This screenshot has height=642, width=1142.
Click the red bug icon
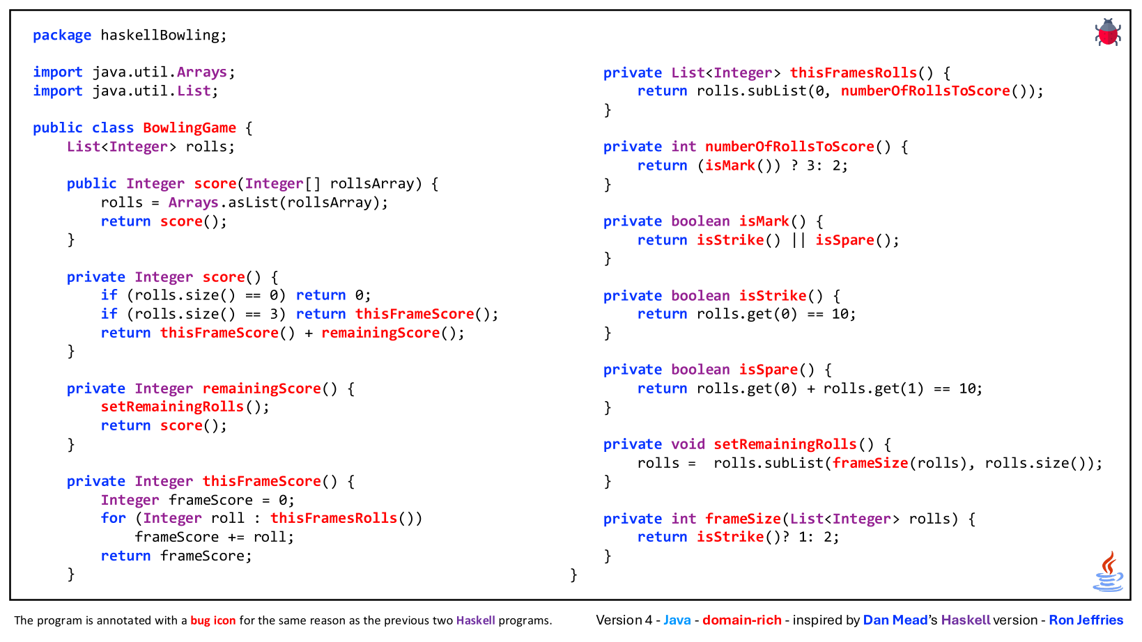[1107, 32]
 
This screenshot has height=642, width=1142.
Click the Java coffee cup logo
[1109, 571]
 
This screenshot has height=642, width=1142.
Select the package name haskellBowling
[160, 35]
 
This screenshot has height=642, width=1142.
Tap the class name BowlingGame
[189, 128]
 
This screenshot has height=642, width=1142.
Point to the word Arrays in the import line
[202, 72]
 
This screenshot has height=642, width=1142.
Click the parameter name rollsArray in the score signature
[371, 183]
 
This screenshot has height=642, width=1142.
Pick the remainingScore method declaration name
[261, 389]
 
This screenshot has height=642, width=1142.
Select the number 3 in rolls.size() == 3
[274, 314]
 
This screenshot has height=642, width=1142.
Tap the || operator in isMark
[798, 240]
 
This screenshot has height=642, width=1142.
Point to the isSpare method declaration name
[769, 370]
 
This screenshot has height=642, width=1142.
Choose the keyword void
[688, 444]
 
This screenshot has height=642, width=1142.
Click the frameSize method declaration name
[743, 519]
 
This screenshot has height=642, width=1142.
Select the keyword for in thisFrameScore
[113, 518]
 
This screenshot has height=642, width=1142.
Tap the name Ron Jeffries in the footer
[1086, 620]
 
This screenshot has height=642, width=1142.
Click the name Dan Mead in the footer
[895, 620]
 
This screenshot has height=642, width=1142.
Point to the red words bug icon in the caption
[213, 620]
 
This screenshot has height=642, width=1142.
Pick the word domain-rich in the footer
[742, 620]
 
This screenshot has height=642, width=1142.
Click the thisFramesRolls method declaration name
[853, 73]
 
